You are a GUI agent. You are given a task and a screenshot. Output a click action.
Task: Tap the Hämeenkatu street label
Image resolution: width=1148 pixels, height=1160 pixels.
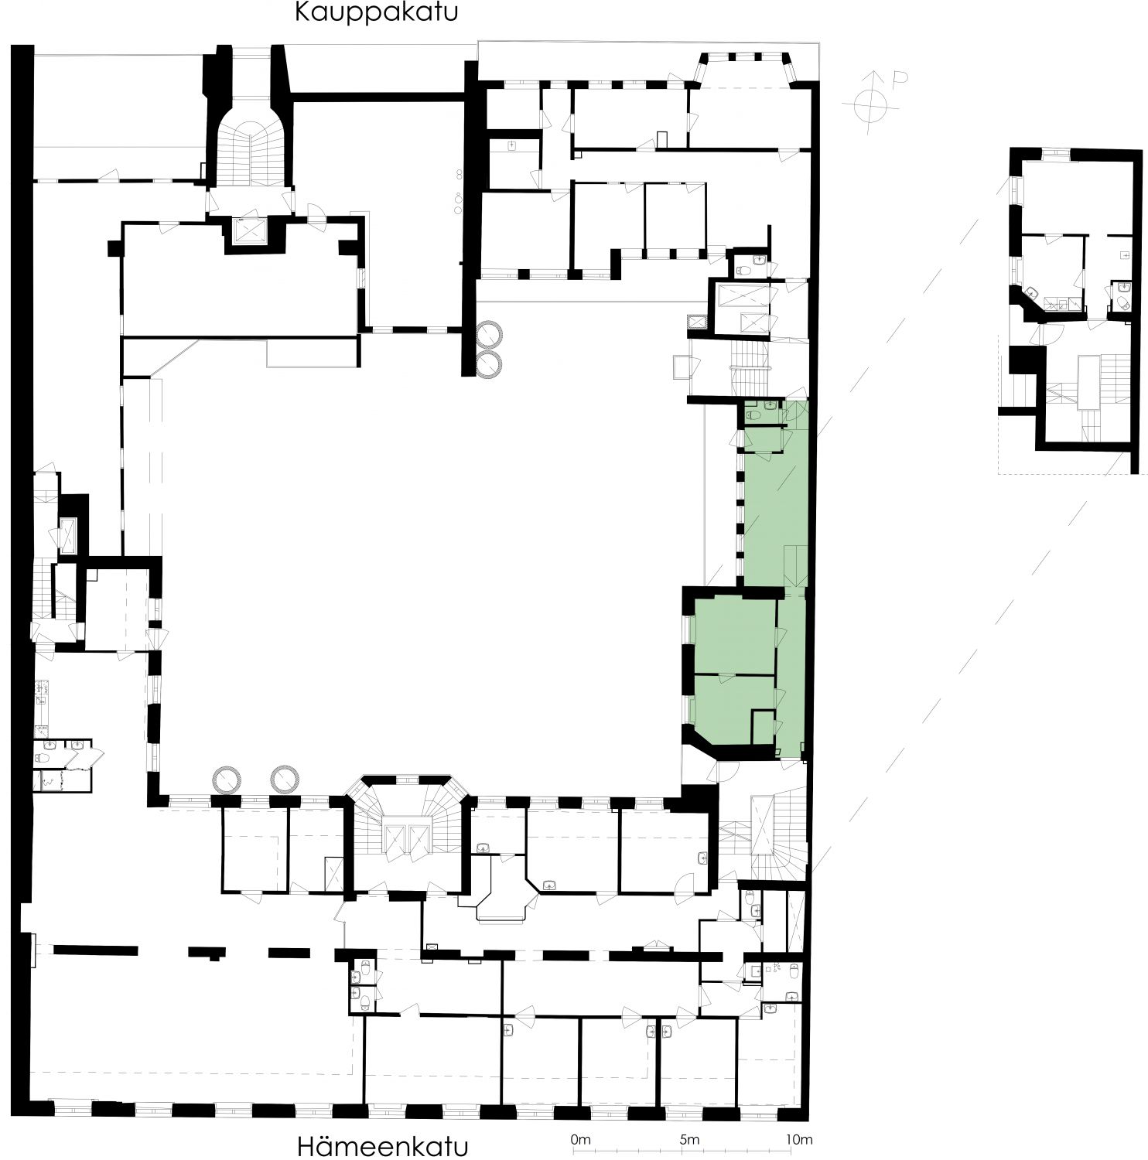pos(382,1145)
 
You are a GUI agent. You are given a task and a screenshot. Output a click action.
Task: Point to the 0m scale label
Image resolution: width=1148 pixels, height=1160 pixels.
pos(580,1139)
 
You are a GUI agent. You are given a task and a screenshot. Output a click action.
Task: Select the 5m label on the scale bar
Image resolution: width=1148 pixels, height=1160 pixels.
pos(689,1139)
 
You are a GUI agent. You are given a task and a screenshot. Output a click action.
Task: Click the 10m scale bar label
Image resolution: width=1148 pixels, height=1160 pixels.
pos(798,1139)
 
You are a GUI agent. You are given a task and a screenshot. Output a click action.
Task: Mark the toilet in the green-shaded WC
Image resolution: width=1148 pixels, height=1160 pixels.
pos(755,415)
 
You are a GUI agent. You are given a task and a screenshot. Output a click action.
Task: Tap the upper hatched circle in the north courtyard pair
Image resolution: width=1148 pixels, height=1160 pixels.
pos(490,333)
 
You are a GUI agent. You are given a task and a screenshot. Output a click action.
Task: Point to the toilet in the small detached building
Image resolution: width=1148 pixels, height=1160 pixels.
pos(1122,303)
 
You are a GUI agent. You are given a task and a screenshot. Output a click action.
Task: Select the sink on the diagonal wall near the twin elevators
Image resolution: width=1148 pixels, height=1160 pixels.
pos(550,884)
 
